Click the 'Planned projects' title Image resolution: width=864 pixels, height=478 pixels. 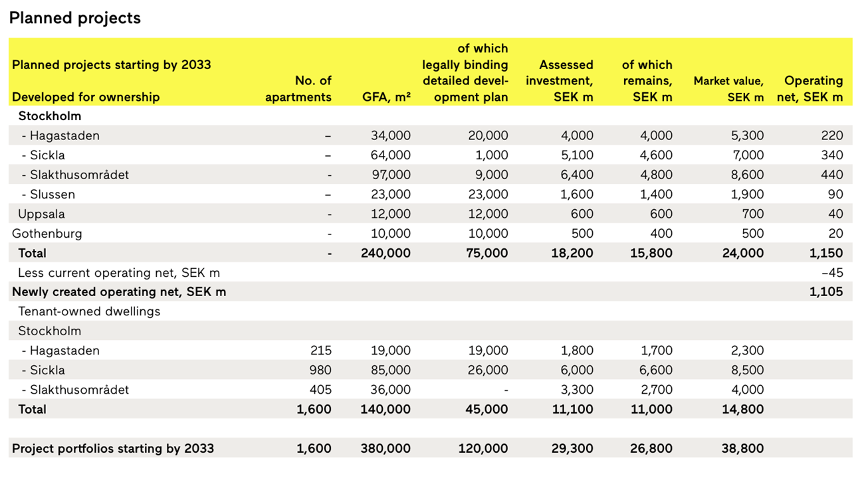click(75, 19)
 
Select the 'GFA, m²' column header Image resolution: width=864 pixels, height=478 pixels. click(386, 97)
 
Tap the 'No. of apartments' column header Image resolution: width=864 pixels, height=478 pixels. click(298, 89)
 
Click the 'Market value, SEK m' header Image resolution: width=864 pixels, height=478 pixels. click(728, 89)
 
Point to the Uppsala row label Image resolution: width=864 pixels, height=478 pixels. click(41, 214)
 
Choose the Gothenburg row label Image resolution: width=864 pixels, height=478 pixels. click(47, 234)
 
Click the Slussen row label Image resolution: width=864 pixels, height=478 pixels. click(49, 194)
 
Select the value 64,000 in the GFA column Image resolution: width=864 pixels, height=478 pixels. click(390, 155)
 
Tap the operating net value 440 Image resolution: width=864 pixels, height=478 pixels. click(831, 175)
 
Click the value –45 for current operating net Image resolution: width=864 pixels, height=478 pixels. click(832, 273)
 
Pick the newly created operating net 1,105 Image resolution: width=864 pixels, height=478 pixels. click(826, 292)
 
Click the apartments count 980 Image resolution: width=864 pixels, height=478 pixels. click(320, 370)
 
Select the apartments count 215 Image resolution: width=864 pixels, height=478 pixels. click(321, 351)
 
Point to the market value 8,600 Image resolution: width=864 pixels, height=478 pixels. click(747, 175)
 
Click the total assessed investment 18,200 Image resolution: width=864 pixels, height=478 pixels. click(572, 253)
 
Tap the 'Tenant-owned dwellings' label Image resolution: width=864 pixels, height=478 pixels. click(89, 311)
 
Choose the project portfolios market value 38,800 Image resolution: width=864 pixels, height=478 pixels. click(742, 448)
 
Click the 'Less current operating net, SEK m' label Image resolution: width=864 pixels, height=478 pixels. click(119, 273)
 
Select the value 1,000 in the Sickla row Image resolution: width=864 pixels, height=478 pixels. click(491, 155)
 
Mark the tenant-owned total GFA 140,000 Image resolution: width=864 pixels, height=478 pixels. click(385, 409)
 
